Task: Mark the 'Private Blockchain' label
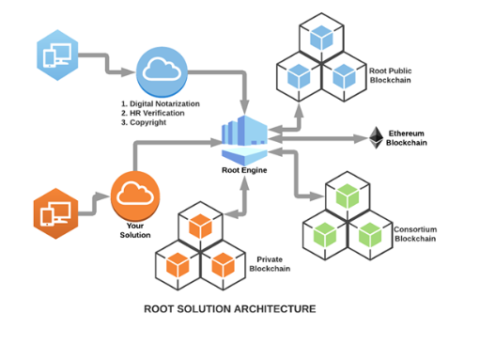click(x=270, y=264)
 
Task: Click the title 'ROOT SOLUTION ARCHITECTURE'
click(x=229, y=307)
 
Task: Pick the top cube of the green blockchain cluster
click(x=349, y=196)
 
